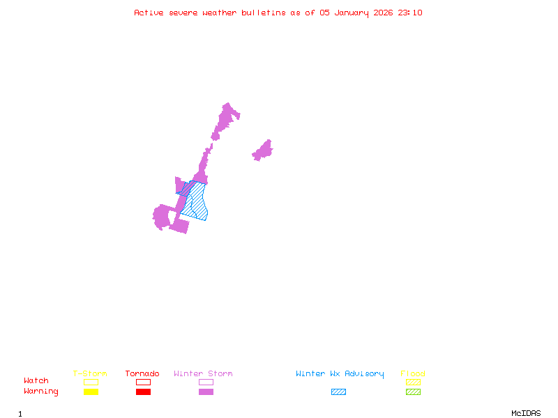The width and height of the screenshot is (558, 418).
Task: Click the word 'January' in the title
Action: tap(352, 13)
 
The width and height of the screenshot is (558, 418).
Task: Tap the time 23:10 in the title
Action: tap(410, 13)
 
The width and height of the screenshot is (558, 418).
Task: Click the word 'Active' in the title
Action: tap(149, 13)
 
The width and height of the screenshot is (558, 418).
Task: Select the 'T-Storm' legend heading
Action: tap(90, 374)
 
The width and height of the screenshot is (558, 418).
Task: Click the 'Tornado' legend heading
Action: tap(142, 374)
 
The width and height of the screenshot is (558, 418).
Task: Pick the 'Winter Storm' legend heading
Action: tap(203, 374)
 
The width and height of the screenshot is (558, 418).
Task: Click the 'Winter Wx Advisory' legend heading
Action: tap(340, 374)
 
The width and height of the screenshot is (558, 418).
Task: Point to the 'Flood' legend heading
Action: tap(413, 374)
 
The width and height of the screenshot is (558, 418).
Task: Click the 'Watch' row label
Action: tap(36, 381)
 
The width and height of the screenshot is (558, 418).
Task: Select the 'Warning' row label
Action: tap(41, 392)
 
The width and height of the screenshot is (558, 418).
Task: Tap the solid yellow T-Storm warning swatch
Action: tap(91, 392)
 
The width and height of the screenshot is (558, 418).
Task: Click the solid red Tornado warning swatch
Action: tap(143, 392)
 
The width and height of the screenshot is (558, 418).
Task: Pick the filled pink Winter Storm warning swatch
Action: tap(206, 392)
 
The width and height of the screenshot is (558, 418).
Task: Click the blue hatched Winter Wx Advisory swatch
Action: tap(338, 392)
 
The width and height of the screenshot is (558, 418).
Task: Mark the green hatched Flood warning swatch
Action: tap(413, 392)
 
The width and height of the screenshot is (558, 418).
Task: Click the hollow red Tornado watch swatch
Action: tap(143, 382)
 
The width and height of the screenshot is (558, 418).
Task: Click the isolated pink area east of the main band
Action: tap(263, 150)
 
